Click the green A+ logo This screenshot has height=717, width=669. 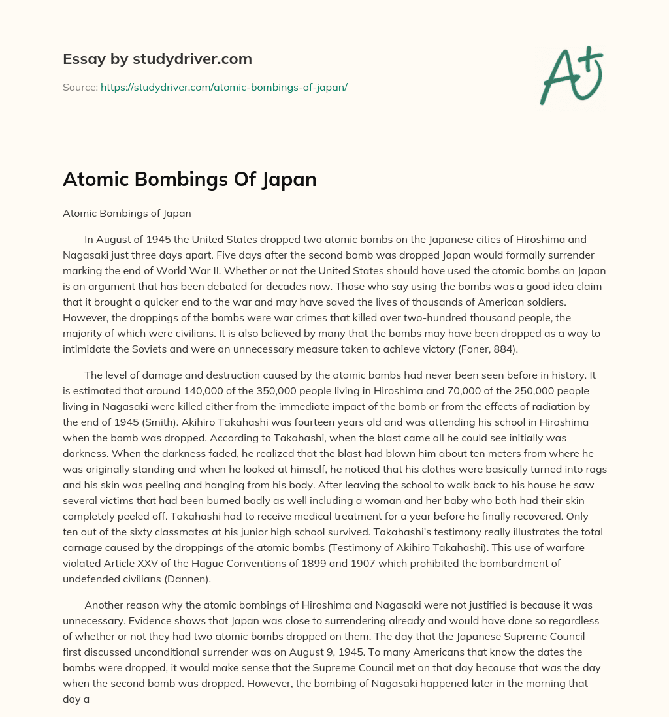click(570, 76)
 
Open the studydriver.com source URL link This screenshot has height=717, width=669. click(223, 87)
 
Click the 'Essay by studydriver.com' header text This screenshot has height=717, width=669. click(157, 59)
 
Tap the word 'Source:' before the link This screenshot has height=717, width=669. click(80, 87)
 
